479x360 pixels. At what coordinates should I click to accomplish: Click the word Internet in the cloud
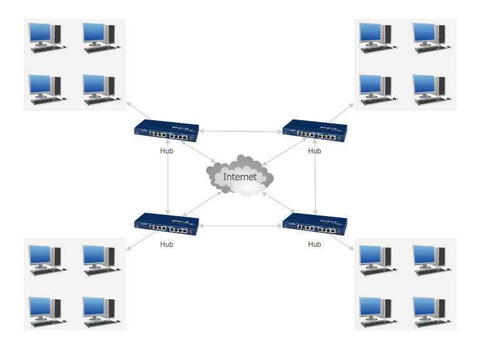click(240, 177)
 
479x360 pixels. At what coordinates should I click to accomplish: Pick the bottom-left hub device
click(166, 225)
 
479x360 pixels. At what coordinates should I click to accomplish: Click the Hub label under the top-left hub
click(166, 151)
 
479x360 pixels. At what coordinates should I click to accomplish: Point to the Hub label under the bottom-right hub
click(315, 244)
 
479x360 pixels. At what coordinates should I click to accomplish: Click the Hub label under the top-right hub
click(315, 151)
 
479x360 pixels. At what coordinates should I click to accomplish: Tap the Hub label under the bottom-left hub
click(166, 244)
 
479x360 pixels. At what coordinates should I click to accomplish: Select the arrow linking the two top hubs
click(240, 131)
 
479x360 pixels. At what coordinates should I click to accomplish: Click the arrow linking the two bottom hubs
click(240, 225)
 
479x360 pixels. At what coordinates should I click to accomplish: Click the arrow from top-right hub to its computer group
click(341, 113)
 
